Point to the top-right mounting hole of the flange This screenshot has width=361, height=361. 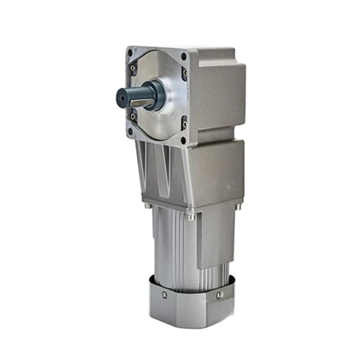click(184, 57)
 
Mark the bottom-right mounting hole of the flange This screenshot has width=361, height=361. click(184, 140)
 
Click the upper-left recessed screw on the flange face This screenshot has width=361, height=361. click(134, 68)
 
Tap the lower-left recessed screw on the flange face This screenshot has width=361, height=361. click(134, 116)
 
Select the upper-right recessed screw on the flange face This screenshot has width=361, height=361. click(186, 73)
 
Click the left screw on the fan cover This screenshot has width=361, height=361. click(165, 294)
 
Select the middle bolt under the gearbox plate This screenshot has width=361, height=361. click(189, 217)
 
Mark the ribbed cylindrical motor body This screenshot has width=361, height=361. click(173, 249)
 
